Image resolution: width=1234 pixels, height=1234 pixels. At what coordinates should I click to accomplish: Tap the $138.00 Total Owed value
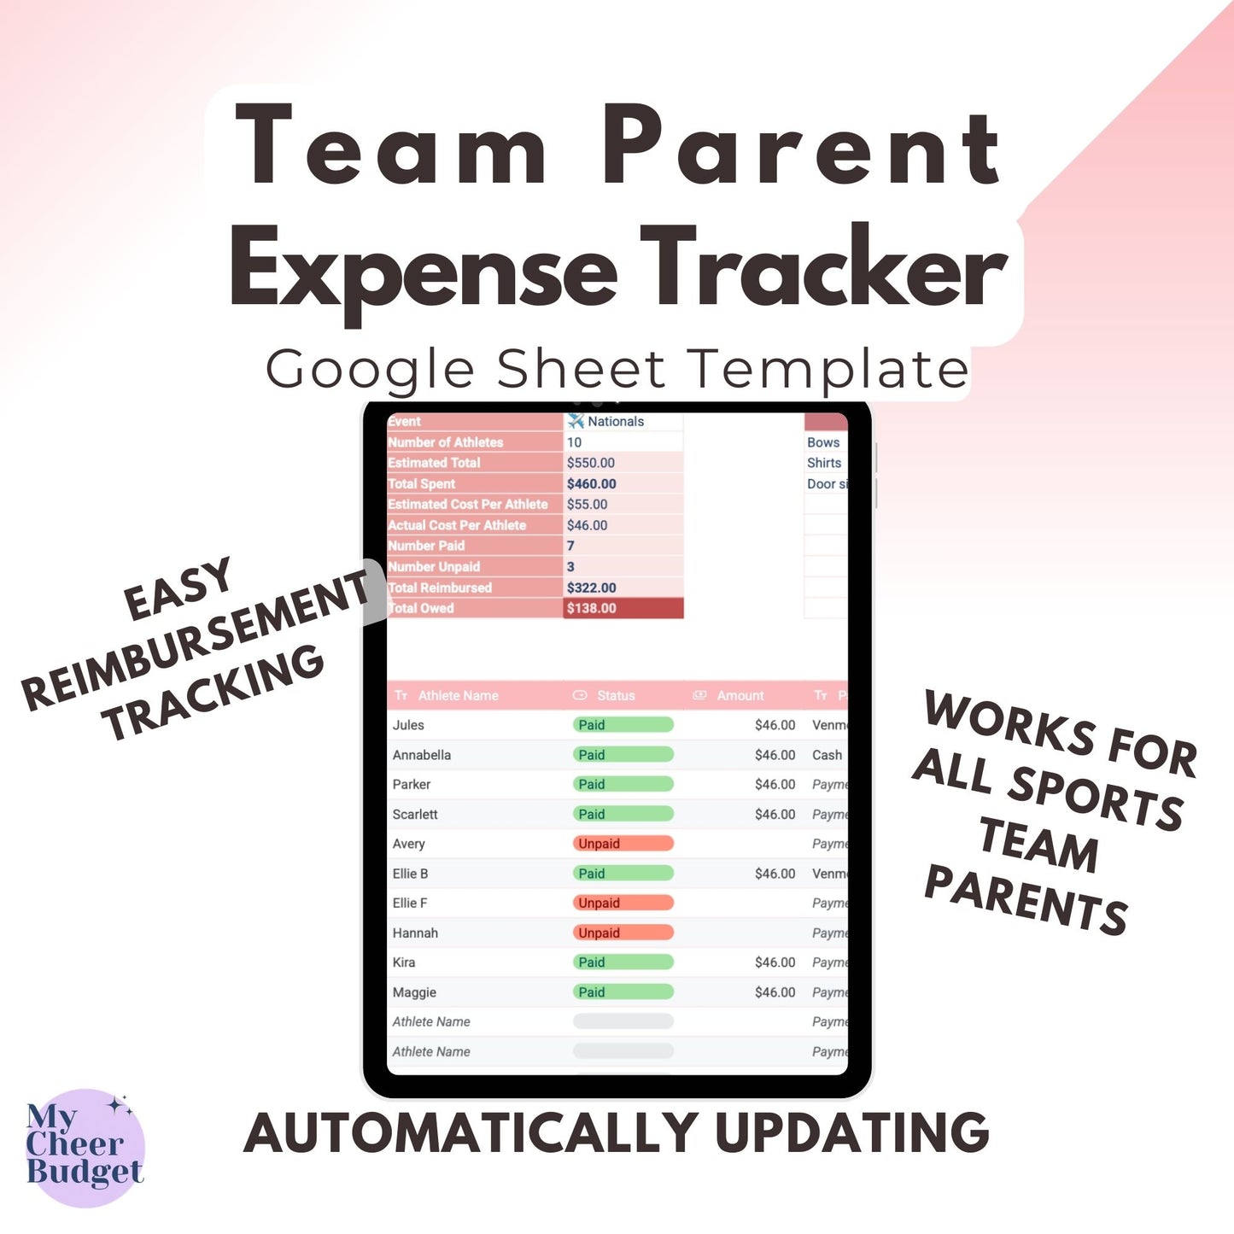click(592, 608)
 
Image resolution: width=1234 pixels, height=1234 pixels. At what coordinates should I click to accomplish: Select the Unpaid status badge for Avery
click(623, 844)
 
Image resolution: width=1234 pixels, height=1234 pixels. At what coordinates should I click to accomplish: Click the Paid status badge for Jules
click(623, 725)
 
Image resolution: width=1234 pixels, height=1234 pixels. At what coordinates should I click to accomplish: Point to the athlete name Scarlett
click(415, 815)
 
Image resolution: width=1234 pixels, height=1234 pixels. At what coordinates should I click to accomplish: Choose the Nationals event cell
click(615, 422)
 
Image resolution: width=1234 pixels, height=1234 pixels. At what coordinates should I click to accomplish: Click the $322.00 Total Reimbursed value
click(592, 588)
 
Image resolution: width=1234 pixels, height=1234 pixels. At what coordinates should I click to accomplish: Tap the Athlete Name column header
click(458, 696)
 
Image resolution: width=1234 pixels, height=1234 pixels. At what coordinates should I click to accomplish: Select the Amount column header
click(740, 696)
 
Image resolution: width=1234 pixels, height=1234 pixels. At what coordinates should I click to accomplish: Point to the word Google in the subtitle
click(369, 371)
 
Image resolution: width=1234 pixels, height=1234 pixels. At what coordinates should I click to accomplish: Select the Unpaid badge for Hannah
click(623, 933)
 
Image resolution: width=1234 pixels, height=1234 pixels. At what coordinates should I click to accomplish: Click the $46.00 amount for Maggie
click(775, 992)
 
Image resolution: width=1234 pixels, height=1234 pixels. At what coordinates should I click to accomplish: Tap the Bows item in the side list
click(823, 442)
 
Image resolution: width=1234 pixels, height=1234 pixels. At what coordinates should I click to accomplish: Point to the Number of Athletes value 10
click(575, 442)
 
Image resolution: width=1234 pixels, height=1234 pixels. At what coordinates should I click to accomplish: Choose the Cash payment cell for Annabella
click(827, 755)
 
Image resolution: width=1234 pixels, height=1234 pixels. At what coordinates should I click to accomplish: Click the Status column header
click(615, 696)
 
